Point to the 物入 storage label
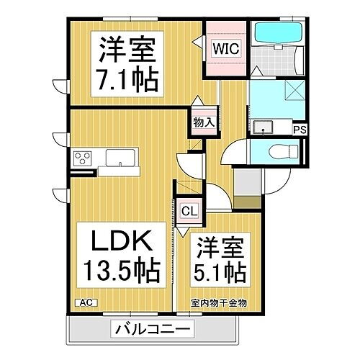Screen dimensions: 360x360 (x=202, y=122)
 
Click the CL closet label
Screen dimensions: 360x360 (x=188, y=211)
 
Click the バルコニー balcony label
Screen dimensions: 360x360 (x=152, y=330)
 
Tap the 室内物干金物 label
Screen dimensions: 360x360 (x=219, y=303)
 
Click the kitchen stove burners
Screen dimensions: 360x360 (x=84, y=158)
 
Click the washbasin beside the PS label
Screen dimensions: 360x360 (x=264, y=128)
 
